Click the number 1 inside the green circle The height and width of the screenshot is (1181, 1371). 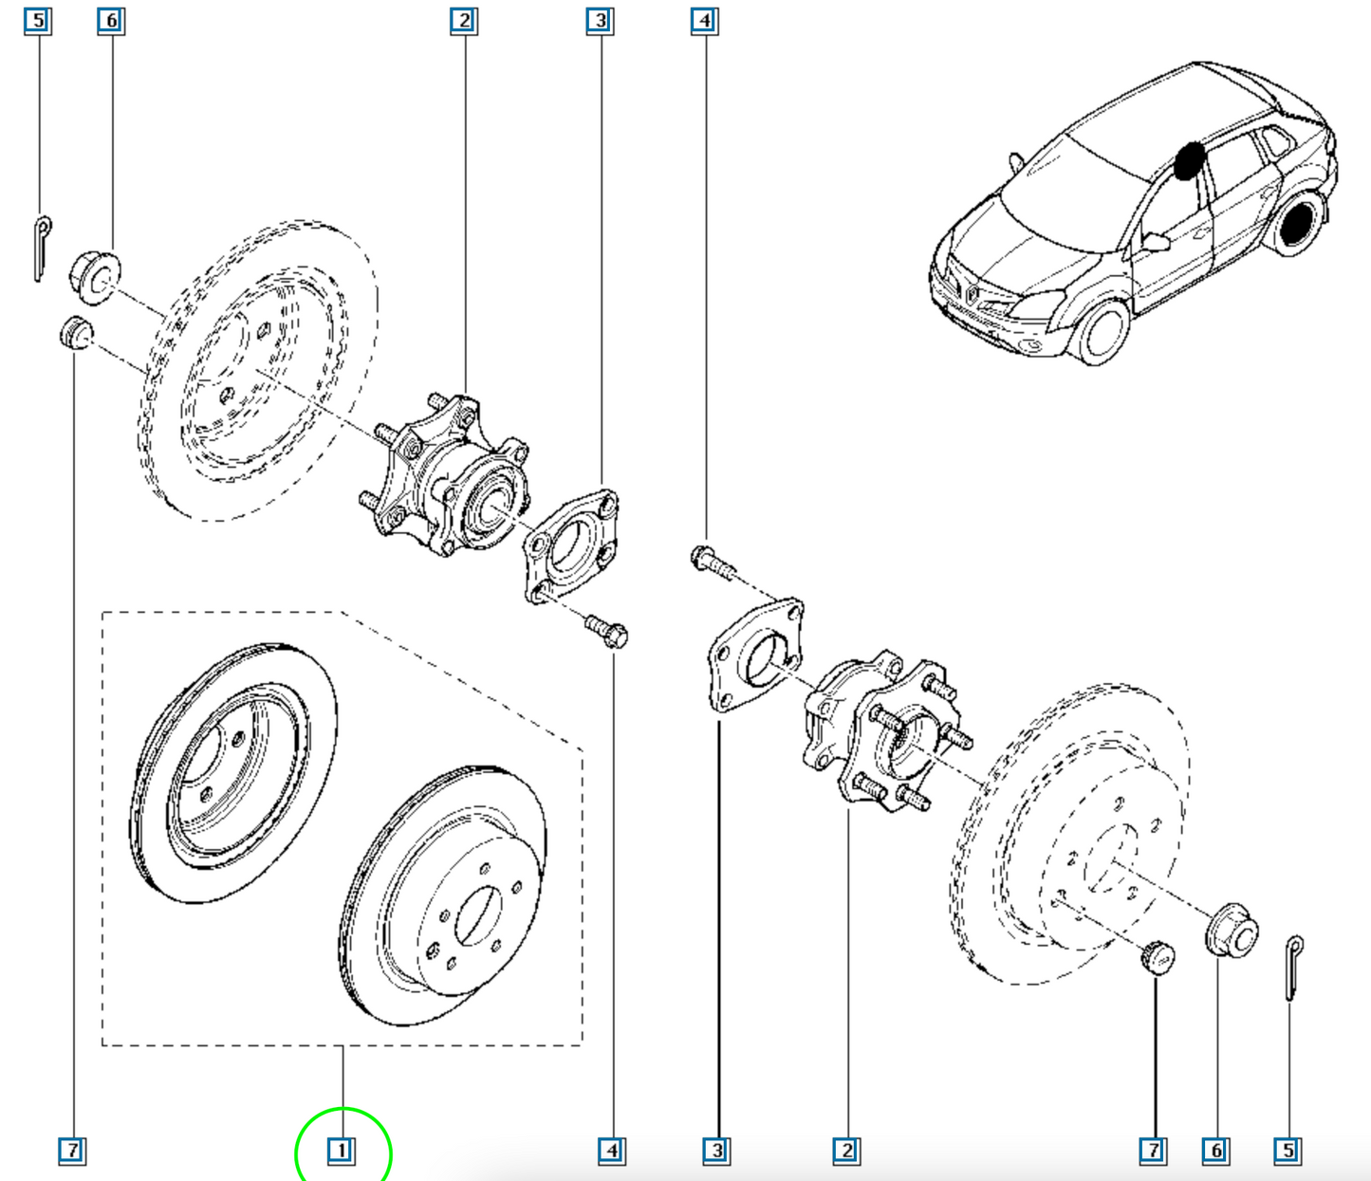pyautogui.click(x=342, y=1151)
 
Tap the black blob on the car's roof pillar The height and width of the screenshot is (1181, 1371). pyautogui.click(x=1189, y=161)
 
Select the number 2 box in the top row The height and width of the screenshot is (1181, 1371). pyautogui.click(x=464, y=21)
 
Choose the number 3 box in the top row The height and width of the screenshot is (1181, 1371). pyautogui.click(x=601, y=21)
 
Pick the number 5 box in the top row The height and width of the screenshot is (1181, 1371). pyautogui.click(x=39, y=21)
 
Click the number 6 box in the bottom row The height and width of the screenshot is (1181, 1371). pyautogui.click(x=1215, y=1151)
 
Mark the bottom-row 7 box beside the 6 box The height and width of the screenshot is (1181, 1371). pyautogui.click(x=1154, y=1151)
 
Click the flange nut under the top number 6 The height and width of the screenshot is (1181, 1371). pyautogui.click(x=95, y=277)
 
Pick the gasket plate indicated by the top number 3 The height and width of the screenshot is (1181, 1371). pyautogui.click(x=571, y=546)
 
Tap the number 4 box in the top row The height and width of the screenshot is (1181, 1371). pyautogui.click(x=704, y=21)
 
